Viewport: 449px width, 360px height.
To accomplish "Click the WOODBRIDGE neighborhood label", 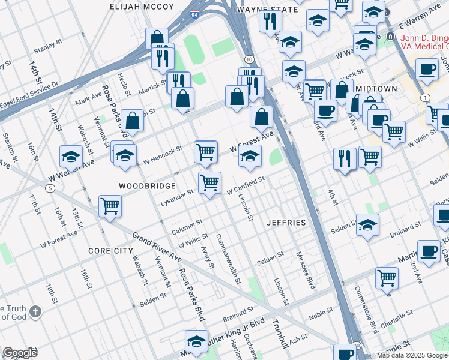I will click(147, 186).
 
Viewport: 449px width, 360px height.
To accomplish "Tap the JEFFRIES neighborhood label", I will click(286, 223).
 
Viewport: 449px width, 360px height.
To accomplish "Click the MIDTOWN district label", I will click(376, 88).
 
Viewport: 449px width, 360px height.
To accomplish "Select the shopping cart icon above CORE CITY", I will click(110, 206).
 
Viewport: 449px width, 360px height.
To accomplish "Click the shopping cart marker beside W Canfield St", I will click(209, 182).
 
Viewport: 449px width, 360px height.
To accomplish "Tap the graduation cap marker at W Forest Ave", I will click(250, 157).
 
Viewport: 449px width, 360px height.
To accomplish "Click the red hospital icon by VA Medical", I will click(391, 37).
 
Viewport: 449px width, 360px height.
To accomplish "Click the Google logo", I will click(20, 352).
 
